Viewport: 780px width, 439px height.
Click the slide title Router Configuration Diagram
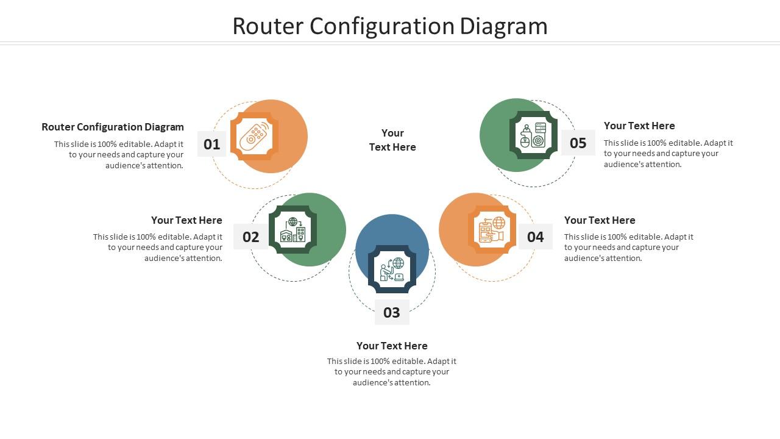click(390, 26)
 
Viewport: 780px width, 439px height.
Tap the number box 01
click(211, 144)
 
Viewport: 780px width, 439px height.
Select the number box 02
click(250, 237)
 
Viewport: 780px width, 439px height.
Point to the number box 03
click(391, 312)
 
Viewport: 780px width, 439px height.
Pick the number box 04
click(535, 237)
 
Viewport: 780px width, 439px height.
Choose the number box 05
click(578, 143)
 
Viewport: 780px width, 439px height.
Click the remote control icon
click(254, 137)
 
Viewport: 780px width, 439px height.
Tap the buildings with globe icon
click(292, 230)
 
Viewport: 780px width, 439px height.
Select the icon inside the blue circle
click(392, 269)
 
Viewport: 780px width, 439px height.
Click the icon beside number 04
click(492, 230)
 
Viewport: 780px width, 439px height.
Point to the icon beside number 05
click(533, 135)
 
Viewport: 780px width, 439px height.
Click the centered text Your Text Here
click(392, 140)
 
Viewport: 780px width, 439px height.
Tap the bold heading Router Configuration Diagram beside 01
click(113, 127)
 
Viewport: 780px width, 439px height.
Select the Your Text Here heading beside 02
click(186, 220)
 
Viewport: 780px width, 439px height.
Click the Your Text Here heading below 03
click(392, 346)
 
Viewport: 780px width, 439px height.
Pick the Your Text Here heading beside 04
click(600, 220)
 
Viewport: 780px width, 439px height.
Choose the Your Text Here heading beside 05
click(639, 126)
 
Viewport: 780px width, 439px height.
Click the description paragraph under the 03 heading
click(392, 372)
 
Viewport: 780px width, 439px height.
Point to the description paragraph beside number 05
click(668, 154)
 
